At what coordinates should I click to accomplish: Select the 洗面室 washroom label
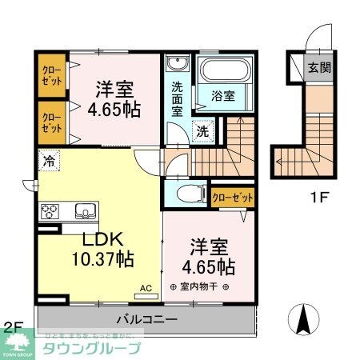click(177, 97)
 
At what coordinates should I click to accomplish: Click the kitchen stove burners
click(50, 212)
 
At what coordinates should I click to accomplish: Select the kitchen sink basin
click(83, 211)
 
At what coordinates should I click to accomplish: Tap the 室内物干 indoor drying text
click(200, 287)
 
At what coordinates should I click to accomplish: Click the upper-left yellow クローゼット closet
click(51, 76)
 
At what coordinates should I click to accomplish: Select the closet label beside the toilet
click(232, 197)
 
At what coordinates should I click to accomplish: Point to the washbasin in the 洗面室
click(176, 64)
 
